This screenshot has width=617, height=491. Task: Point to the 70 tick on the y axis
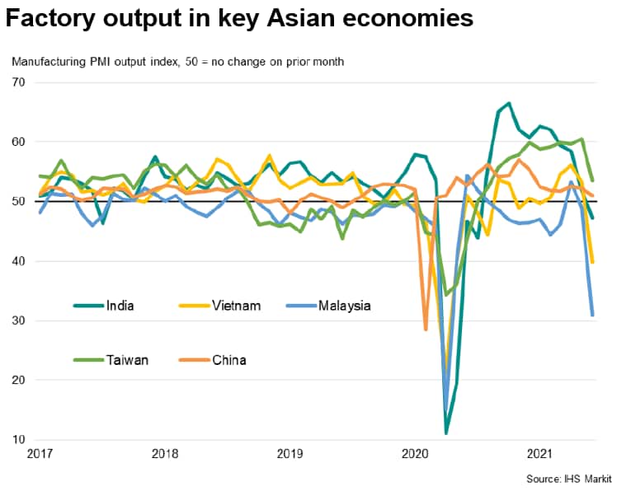click(19, 82)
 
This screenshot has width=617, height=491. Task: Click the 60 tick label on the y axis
click(19, 142)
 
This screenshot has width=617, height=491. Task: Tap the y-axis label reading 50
click(19, 202)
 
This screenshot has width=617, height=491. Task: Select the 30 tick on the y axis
click(19, 320)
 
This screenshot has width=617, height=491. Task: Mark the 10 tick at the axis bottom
click(19, 439)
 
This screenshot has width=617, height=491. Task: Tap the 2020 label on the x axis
click(415, 453)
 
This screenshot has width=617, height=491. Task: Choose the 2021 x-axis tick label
click(539, 453)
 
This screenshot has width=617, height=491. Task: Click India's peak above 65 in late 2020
click(509, 103)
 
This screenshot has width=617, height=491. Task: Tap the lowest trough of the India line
click(446, 433)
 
